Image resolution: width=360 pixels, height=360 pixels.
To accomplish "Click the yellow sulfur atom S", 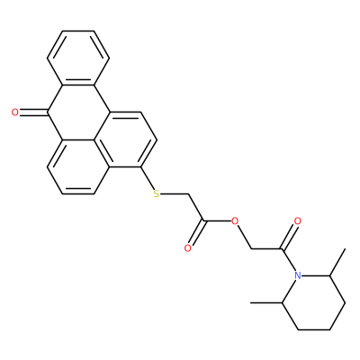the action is point(156,193).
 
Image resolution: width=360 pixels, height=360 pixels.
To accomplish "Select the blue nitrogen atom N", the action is point(298,275).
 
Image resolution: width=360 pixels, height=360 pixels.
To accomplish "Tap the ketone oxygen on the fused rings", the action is point(14,112).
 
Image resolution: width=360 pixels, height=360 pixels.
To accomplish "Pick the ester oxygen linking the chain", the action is point(235,221).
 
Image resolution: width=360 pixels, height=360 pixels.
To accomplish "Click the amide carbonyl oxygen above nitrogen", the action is point(298,221).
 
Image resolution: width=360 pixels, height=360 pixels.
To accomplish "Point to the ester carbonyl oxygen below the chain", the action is point(188,248).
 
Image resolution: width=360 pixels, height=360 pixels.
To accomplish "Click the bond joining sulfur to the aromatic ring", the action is point(147,178).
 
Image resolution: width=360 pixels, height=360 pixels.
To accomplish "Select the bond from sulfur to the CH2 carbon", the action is point(175,193).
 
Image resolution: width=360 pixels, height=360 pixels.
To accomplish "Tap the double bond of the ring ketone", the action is point(33,112).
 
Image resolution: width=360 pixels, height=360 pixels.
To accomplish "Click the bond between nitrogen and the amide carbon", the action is point(289,260).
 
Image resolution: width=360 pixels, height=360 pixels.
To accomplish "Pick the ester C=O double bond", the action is point(196,234).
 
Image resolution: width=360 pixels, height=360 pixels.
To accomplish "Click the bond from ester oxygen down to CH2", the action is point(244,237).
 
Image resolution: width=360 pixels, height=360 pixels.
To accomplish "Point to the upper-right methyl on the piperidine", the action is point(337,262).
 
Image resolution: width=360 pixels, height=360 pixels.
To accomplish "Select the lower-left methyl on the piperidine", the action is point(266,303).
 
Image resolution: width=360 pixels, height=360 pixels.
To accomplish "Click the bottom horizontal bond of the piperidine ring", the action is point(313,330).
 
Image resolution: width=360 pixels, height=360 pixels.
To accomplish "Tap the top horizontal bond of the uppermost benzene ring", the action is point(78,31).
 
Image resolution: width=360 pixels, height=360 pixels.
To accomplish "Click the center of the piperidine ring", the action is point(313,303).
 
